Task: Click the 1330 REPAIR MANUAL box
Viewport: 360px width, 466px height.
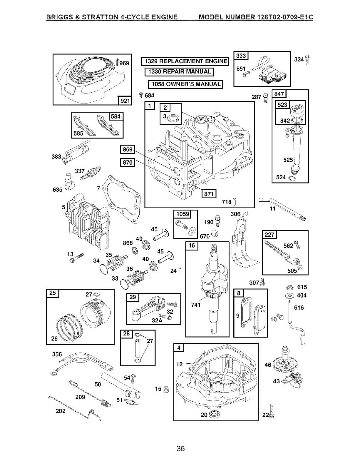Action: [179, 72]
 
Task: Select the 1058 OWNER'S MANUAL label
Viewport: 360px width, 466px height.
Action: [185, 84]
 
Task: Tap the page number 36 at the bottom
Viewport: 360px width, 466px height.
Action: [181, 448]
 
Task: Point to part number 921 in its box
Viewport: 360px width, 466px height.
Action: [125, 101]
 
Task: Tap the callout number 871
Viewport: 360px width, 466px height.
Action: [209, 194]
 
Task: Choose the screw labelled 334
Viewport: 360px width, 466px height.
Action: [307, 60]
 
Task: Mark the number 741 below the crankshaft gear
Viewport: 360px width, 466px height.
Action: [196, 305]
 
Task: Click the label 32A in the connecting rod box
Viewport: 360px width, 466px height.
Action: [157, 320]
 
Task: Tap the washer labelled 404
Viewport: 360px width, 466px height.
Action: [290, 296]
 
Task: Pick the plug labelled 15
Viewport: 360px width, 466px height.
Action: [166, 389]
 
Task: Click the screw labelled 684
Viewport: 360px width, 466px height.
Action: [141, 95]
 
